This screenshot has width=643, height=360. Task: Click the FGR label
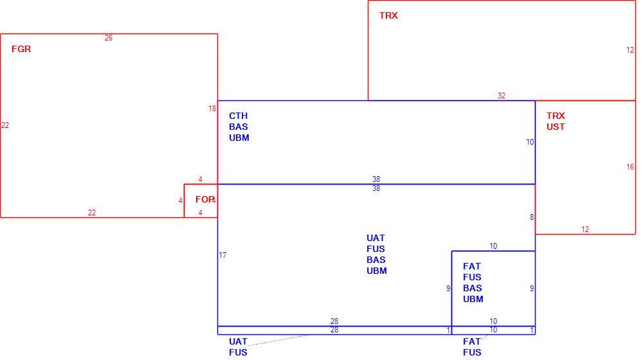point(21,49)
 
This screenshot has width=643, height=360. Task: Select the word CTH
point(239,116)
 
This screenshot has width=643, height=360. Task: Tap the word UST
point(556,127)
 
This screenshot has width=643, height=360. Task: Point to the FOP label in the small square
point(205,199)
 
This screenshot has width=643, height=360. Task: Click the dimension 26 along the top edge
point(108,38)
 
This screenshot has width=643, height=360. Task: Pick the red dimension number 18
point(212,109)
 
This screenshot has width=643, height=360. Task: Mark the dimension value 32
point(502,96)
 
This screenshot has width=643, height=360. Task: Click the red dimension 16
point(630,167)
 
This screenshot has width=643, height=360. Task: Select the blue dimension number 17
point(222,255)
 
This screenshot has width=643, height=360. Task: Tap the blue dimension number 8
point(532,217)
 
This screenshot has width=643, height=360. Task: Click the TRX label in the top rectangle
point(388,15)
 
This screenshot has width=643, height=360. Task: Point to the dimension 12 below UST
point(585,230)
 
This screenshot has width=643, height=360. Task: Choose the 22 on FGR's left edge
point(5,125)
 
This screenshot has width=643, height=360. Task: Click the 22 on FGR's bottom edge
point(92,213)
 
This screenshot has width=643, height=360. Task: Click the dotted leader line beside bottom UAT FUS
point(278,340)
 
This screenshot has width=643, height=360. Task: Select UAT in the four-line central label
point(376,238)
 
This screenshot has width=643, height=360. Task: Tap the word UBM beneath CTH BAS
point(239,138)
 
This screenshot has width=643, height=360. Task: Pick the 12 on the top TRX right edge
point(630,50)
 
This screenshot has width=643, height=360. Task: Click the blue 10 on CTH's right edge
point(530,142)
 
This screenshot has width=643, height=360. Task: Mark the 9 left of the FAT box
point(448,289)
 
